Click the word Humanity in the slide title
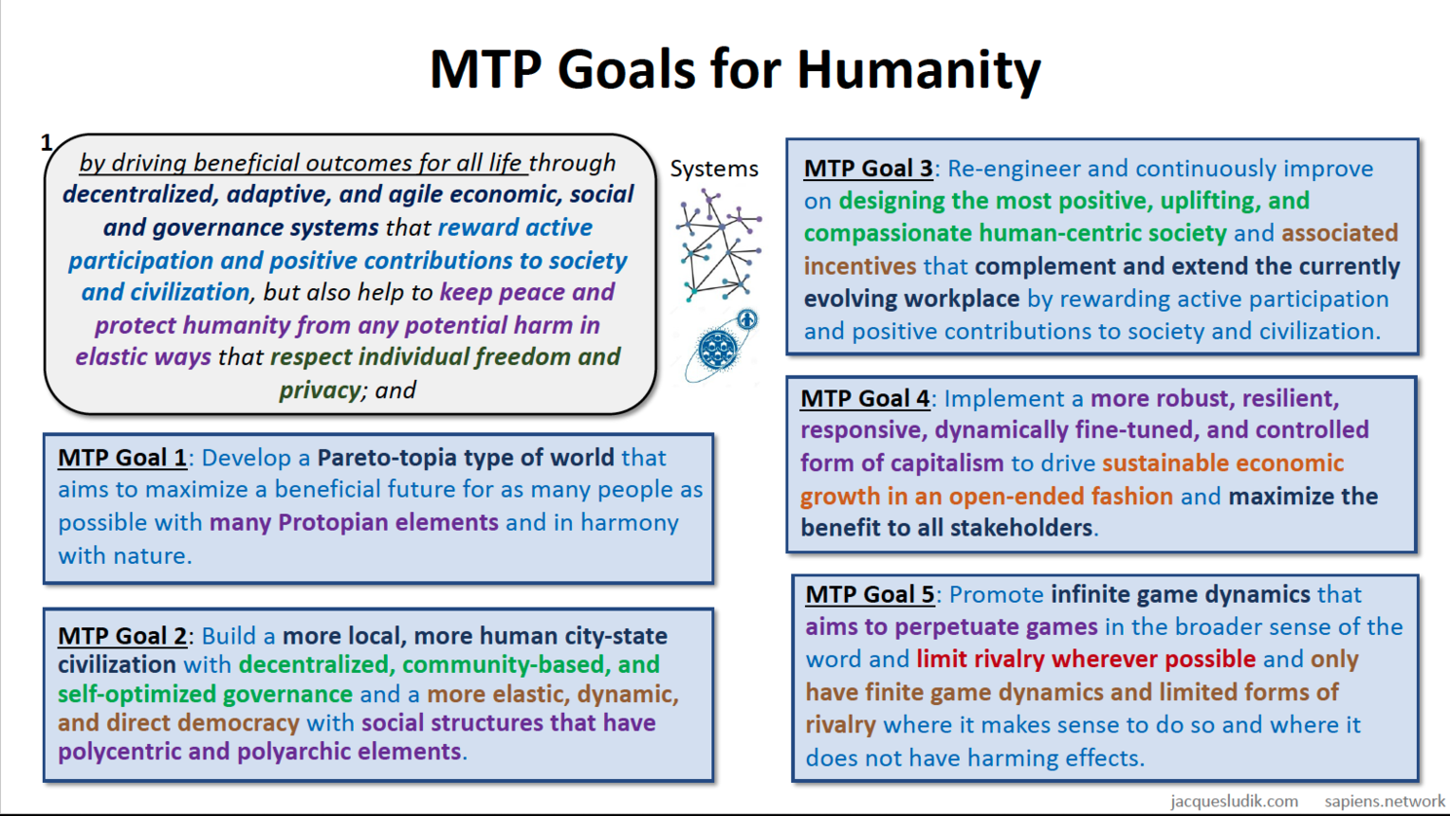(919, 70)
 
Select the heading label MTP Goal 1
(123, 458)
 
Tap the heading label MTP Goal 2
(123, 636)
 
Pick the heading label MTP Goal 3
(868, 168)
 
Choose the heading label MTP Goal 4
(864, 398)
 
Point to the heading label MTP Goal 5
(870, 594)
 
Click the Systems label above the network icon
(714, 168)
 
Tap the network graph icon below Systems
(718, 245)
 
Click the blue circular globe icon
(717, 350)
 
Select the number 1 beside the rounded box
(46, 142)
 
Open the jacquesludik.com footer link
(1235, 801)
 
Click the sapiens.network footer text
(1385, 801)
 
